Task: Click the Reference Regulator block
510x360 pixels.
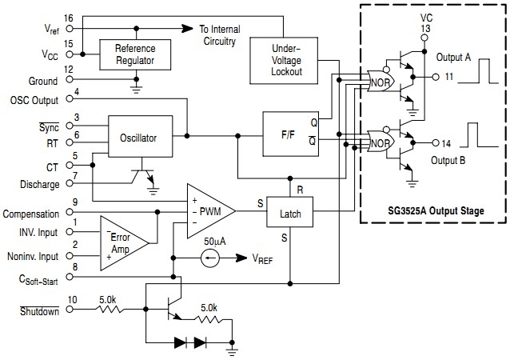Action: (x=136, y=54)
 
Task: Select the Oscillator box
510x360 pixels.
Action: (x=137, y=138)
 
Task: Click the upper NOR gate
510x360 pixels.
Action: (x=378, y=81)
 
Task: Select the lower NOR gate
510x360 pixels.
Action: (x=378, y=145)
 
